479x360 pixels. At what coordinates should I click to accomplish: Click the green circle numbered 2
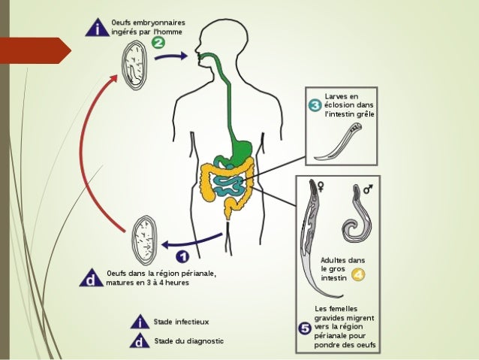[158, 44]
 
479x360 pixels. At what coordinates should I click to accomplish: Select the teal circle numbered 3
[315, 105]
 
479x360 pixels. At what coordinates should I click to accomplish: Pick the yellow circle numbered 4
[357, 274]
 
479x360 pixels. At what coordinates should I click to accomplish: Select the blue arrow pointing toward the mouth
[172, 57]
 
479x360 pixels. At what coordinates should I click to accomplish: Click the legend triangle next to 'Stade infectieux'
[139, 322]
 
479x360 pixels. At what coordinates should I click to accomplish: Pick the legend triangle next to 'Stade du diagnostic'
[139, 342]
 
